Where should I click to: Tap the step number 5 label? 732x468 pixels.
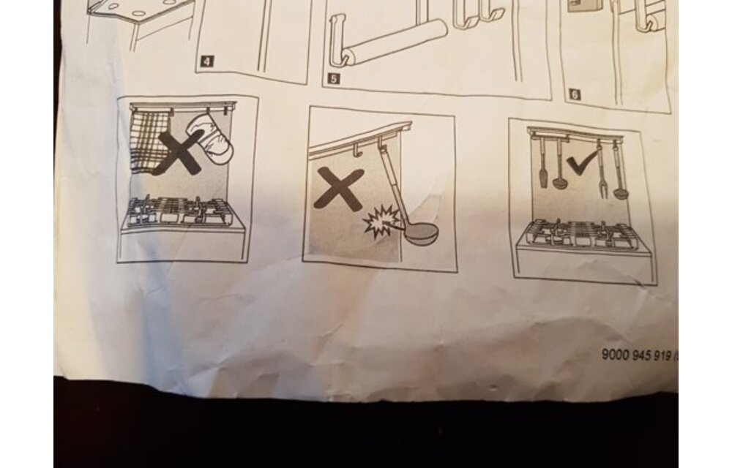pyautogui.click(x=333, y=78)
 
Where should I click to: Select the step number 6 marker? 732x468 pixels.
pyautogui.click(x=575, y=94)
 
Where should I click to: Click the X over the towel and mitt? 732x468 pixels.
pyautogui.click(x=180, y=152)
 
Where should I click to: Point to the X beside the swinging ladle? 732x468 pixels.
pyautogui.click(x=338, y=188)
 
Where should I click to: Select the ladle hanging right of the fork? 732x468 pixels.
pyautogui.click(x=619, y=172)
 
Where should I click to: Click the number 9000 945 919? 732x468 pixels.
pyautogui.click(x=636, y=355)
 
